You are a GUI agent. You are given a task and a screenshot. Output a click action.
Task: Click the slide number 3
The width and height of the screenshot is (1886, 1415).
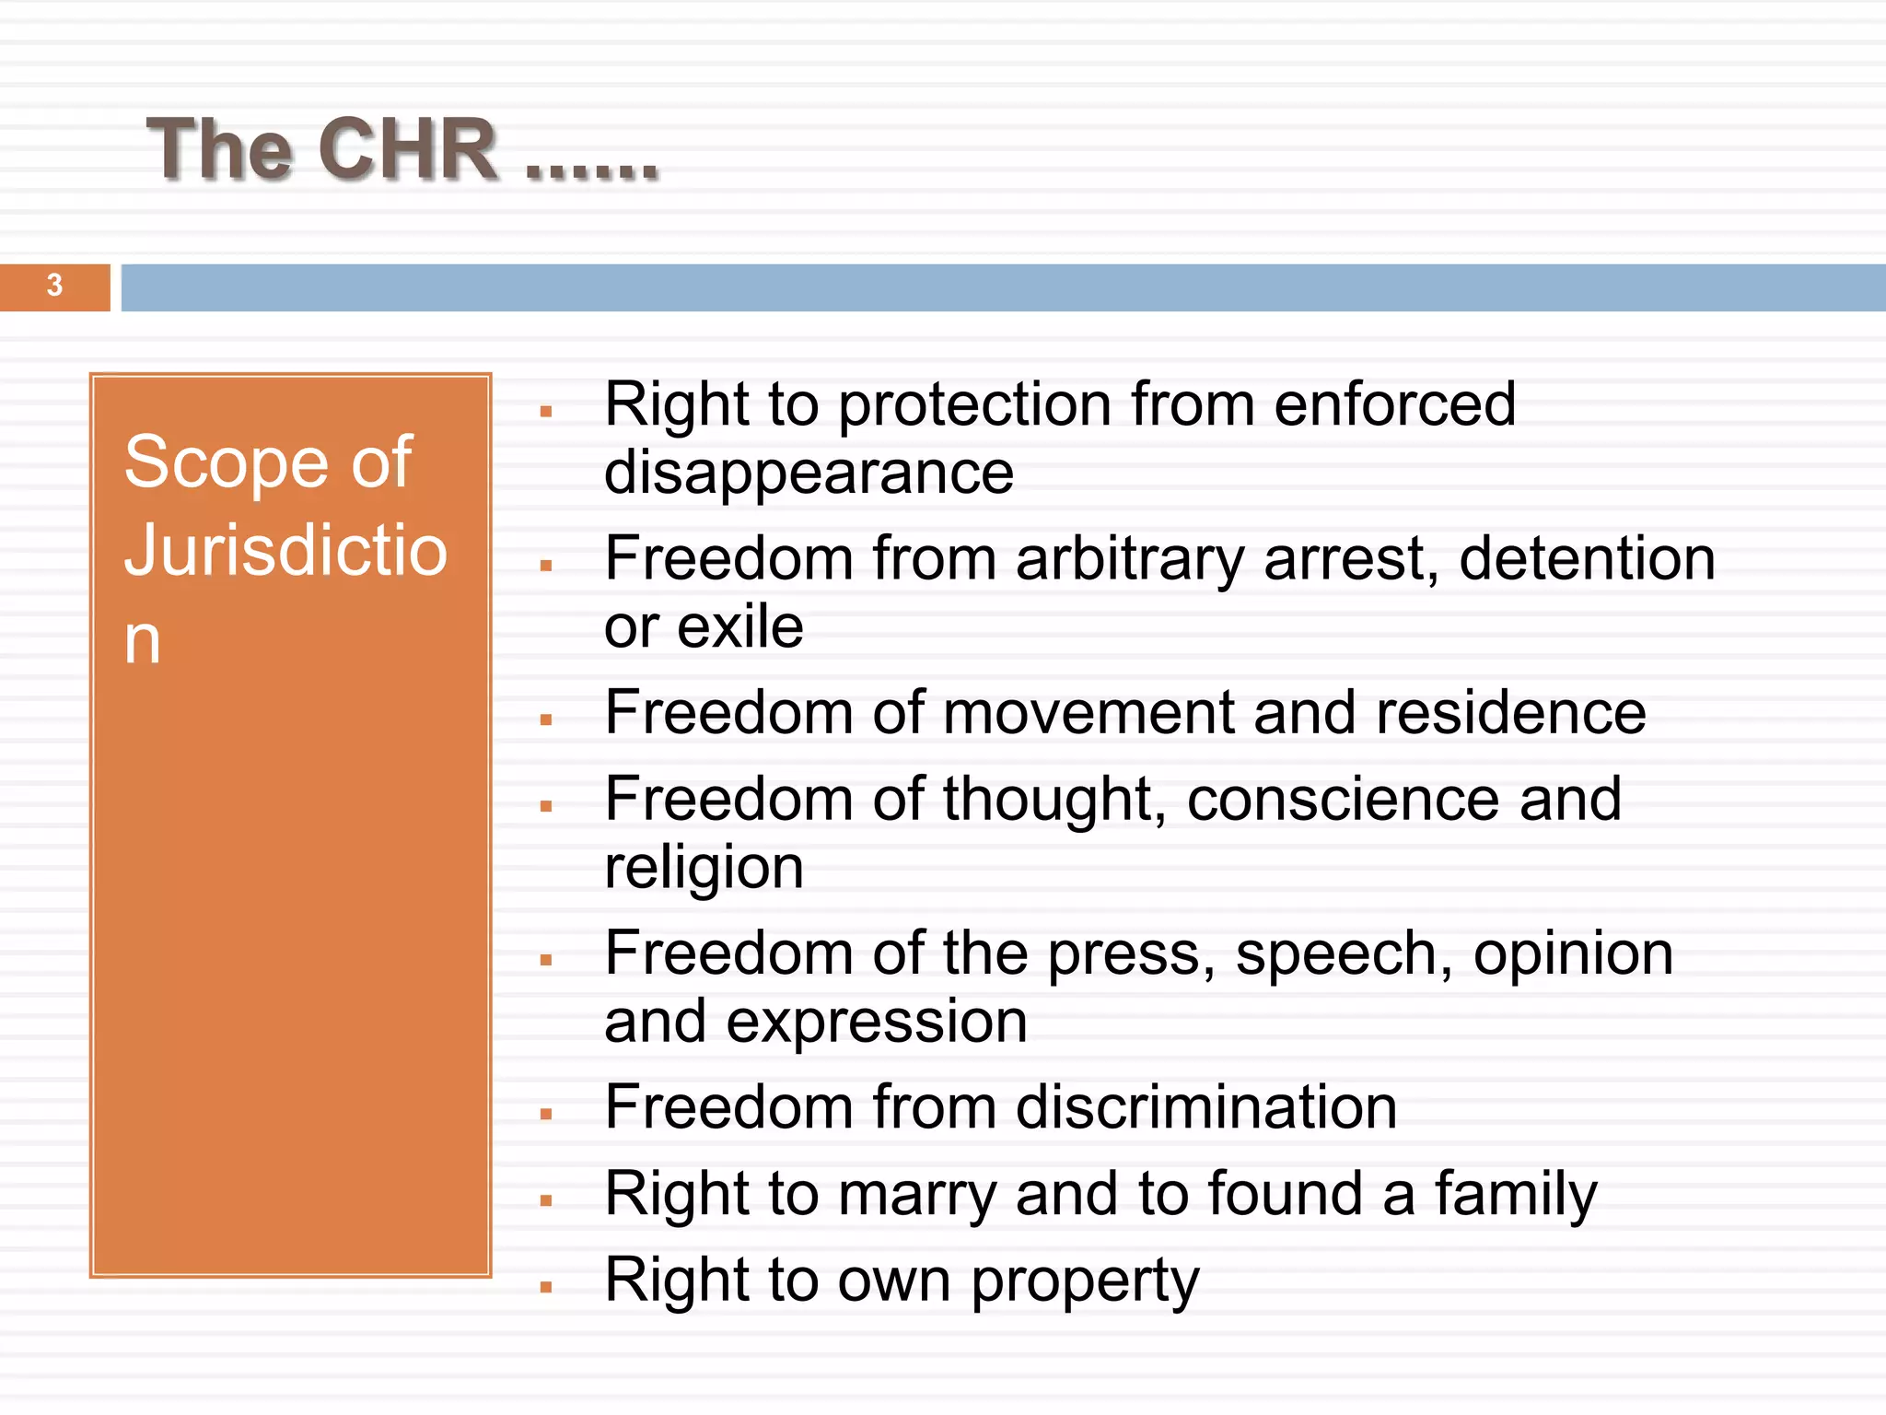(54, 286)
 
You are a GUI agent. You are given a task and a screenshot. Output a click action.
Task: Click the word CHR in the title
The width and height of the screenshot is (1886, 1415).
(407, 150)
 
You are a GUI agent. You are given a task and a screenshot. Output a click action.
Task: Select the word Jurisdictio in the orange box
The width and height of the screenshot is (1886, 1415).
(285, 550)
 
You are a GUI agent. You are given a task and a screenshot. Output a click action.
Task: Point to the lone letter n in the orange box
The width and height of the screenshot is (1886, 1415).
(142, 640)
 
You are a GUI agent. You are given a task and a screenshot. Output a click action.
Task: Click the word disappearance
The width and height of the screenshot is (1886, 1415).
(809, 473)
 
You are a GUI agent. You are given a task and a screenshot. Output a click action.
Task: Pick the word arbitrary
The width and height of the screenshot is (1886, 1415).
(1130, 559)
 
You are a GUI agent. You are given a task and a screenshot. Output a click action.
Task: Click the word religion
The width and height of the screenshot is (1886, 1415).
(704, 868)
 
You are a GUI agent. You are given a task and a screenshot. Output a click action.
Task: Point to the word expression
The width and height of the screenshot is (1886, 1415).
(876, 1022)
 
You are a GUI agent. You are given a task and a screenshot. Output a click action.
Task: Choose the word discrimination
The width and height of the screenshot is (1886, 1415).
(1206, 1107)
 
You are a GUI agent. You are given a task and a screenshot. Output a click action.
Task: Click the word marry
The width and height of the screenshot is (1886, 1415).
(917, 1195)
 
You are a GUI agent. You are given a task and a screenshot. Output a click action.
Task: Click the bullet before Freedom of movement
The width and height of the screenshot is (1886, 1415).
(546, 720)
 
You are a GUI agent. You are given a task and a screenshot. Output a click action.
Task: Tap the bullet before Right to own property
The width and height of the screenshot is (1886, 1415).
(546, 1288)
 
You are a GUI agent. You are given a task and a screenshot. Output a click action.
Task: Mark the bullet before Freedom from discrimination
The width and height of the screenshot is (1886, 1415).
(546, 1115)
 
